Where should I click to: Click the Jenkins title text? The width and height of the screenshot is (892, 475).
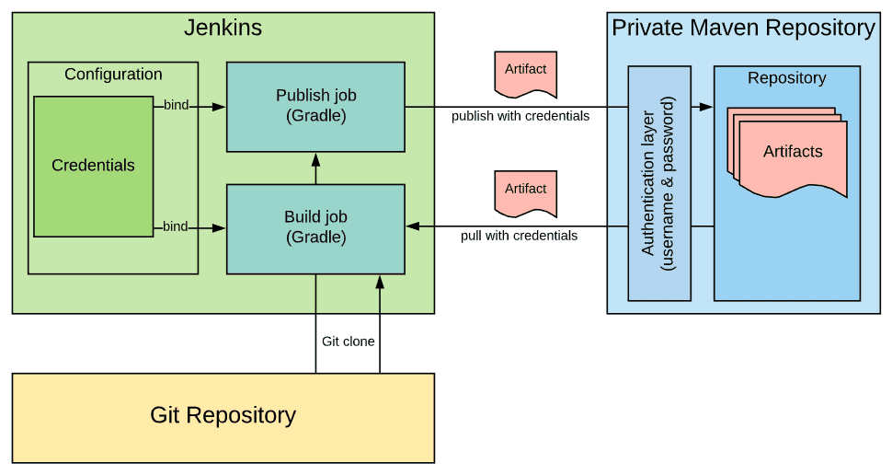point(223,28)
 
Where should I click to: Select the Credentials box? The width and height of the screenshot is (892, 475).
point(93,166)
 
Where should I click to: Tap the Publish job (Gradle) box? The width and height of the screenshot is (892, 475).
point(315,107)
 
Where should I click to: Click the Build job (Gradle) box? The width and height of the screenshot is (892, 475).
point(315,228)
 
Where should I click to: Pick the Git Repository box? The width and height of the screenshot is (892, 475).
point(223,416)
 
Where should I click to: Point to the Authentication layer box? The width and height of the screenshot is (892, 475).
point(658,183)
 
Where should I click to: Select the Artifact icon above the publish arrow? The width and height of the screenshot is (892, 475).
point(525,74)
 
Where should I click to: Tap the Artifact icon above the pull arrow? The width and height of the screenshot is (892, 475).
point(525,193)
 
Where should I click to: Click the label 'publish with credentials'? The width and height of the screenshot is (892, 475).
point(520,117)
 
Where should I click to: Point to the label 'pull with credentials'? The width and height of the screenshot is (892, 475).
point(519,236)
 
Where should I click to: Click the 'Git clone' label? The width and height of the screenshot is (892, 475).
point(348,342)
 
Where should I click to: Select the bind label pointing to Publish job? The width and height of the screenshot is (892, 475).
point(176,105)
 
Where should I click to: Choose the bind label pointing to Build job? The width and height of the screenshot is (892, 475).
point(176,226)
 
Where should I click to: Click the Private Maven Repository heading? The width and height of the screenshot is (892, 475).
point(743,28)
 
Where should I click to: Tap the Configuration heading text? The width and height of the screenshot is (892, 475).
point(113,75)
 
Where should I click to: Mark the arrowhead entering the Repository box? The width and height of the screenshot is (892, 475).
point(705,107)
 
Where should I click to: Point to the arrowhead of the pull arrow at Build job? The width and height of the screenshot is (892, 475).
point(413,226)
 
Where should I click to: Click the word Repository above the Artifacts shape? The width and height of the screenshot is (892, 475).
point(786,78)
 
